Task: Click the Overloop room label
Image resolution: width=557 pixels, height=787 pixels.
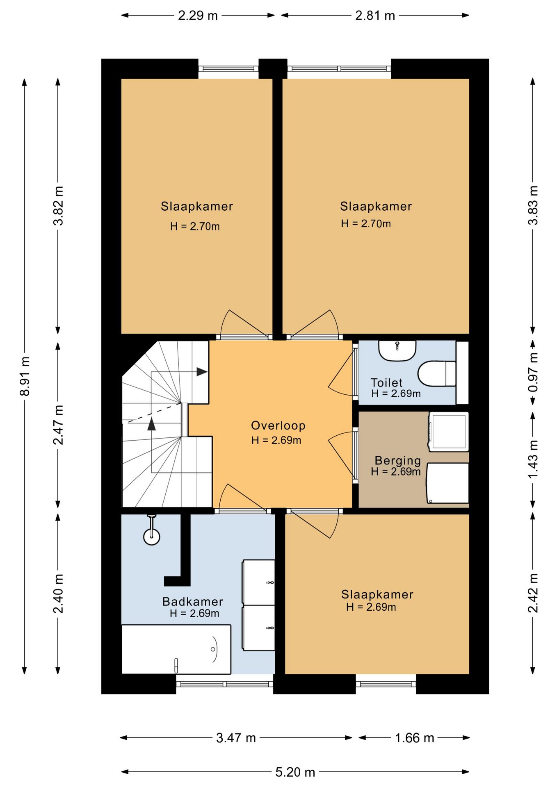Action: (x=278, y=425)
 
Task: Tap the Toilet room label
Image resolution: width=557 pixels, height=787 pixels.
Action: (x=386, y=383)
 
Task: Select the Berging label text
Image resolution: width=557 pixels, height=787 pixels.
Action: (x=397, y=461)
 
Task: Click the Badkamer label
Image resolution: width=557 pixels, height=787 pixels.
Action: (x=193, y=601)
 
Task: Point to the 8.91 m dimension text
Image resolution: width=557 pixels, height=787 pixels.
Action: (x=25, y=376)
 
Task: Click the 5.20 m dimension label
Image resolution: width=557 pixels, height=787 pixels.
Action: (x=295, y=772)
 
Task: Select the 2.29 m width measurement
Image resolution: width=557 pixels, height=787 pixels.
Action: (x=198, y=16)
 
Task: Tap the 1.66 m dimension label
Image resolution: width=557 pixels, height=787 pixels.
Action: (x=414, y=738)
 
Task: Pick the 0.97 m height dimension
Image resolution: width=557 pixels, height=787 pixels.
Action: (x=533, y=372)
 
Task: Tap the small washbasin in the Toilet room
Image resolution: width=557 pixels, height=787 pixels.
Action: (x=397, y=350)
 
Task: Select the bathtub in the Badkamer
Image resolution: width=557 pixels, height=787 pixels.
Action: (x=176, y=649)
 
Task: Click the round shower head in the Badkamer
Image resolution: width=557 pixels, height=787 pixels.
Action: (x=152, y=537)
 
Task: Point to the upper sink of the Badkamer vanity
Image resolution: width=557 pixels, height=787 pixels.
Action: (x=258, y=582)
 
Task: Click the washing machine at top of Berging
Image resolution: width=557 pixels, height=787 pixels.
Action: (x=448, y=432)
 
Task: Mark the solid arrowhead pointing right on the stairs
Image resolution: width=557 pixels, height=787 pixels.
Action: (x=202, y=372)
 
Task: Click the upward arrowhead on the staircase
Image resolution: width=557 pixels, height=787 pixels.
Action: (x=152, y=424)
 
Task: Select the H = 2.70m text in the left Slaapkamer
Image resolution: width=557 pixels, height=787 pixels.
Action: (x=195, y=226)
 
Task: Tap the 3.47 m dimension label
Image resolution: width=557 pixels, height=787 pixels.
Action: (x=236, y=738)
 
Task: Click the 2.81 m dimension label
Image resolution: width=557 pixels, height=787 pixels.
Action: (x=375, y=16)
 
